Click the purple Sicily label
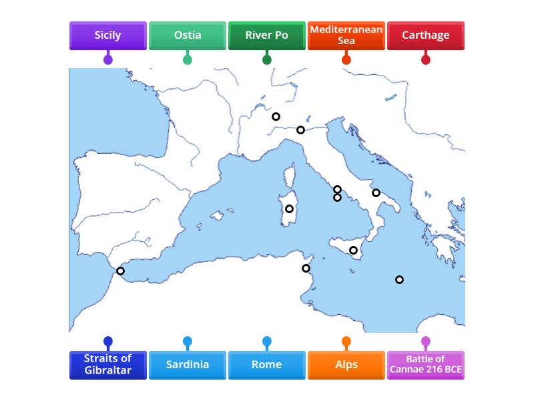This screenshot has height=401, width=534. coord(107,35)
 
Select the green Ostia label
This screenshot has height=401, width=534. coord(187,35)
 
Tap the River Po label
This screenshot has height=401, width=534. coord(266,35)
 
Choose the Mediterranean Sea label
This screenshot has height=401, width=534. coord(346,35)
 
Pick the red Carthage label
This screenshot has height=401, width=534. coord(425,35)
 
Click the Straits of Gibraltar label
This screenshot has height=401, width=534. coord(107,365)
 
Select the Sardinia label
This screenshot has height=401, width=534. coord(187,365)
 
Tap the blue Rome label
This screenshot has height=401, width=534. coord(266,365)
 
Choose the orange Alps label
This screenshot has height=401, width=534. coord(346,365)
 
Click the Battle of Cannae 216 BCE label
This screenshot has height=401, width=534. coord(425,365)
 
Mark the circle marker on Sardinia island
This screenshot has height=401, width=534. coord(289,209)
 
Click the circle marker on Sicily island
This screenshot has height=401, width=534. coord(353,251)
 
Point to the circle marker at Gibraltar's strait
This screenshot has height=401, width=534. coord(120,271)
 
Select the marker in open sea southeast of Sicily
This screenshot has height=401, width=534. coord(399,280)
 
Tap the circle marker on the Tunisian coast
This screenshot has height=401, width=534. coord(306,269)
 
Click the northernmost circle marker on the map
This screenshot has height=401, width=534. coord(276,117)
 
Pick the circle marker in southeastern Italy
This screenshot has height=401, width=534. coord(376,193)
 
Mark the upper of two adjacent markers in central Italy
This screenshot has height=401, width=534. coord(337,190)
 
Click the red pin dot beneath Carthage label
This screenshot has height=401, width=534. coord(425,60)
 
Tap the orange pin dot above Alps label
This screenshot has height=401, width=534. coord(346,342)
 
